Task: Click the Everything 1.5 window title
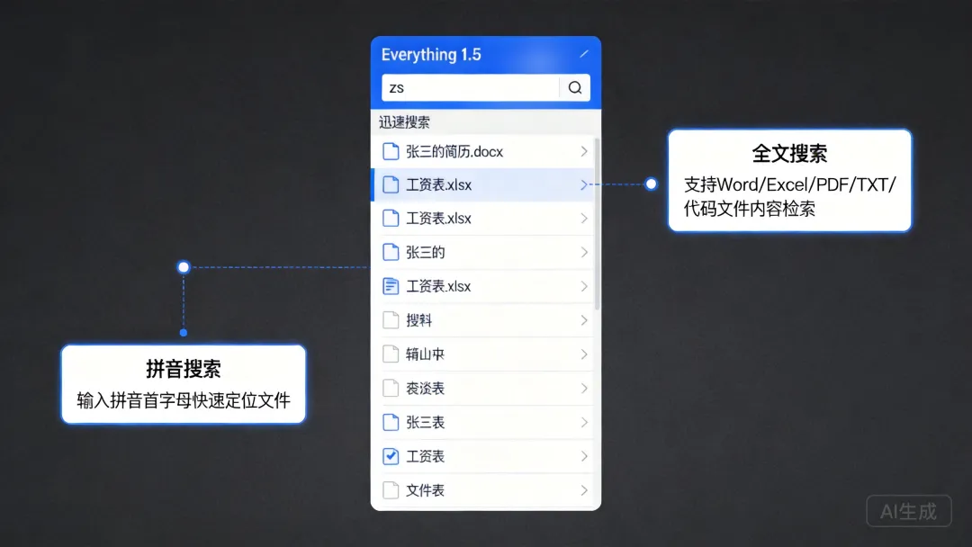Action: coord(431,55)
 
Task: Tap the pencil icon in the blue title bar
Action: coord(584,54)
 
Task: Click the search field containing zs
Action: coord(470,87)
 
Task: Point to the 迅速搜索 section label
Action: coord(404,122)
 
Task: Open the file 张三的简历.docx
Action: coord(454,151)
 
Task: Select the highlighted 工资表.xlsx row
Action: coord(439,185)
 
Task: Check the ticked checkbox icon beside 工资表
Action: coord(391,456)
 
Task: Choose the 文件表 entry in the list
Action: coord(426,490)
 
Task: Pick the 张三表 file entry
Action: coord(426,422)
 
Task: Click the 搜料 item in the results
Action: coord(419,320)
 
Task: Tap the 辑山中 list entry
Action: coord(426,354)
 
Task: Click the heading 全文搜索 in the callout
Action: coord(789,154)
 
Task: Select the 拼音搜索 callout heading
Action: coord(184,369)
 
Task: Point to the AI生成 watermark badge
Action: coord(908,511)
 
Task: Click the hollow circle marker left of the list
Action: coord(184,266)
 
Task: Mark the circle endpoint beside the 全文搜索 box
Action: coord(651,184)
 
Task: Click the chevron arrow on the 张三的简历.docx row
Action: coord(584,151)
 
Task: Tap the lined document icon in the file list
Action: coord(391,286)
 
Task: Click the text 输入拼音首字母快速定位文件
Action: coord(184,400)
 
